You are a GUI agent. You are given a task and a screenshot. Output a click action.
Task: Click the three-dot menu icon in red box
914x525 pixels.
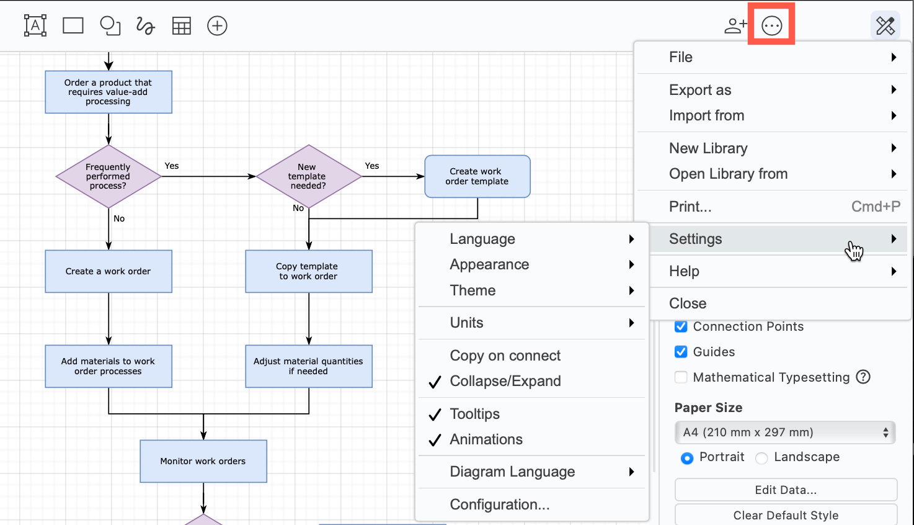[x=771, y=25]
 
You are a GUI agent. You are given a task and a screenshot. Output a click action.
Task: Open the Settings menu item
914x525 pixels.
[x=695, y=239]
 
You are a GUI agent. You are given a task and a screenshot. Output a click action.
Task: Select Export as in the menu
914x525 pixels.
[x=700, y=90]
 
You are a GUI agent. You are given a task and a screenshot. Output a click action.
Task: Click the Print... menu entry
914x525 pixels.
[x=690, y=207]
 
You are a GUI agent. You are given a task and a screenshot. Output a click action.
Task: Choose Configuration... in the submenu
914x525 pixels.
[x=499, y=505]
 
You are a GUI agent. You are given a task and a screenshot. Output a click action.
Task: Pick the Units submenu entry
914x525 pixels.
[x=466, y=323]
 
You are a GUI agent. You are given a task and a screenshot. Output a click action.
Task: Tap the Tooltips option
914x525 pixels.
[x=474, y=414]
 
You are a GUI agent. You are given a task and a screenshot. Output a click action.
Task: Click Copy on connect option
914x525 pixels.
[x=505, y=356]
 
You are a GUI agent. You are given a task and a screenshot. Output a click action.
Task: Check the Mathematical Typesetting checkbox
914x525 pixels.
[x=681, y=377]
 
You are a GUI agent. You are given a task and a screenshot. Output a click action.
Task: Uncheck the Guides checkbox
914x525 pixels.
[x=681, y=352]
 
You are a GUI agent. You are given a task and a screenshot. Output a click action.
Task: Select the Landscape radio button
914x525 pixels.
[x=762, y=458]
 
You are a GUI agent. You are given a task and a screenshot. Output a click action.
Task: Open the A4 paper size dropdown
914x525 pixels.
[x=784, y=433]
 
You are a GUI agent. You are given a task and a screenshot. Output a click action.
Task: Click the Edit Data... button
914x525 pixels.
[x=785, y=490]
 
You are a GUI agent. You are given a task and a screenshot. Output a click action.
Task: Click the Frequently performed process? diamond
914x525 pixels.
[x=109, y=176]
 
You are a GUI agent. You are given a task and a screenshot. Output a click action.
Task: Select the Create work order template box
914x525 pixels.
[x=477, y=176]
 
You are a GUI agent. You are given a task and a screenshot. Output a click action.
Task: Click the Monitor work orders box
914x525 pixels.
[x=203, y=461]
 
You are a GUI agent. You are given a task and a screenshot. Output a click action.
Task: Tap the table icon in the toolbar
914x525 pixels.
[x=181, y=25]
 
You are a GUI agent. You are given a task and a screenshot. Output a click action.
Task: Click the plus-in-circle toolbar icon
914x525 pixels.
[x=217, y=25]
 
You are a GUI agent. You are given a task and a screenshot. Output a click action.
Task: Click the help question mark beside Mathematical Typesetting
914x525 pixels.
[x=863, y=377]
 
